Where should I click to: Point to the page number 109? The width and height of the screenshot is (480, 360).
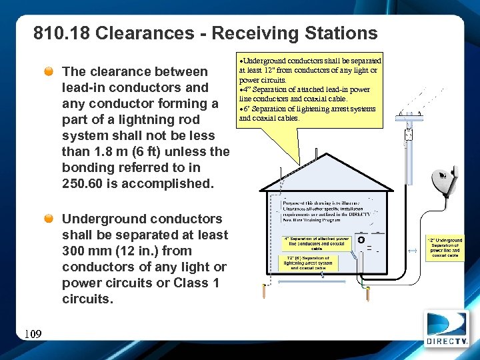[31, 333]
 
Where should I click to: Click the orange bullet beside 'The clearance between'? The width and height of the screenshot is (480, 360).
[50, 71]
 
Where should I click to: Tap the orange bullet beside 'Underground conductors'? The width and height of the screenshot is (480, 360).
[50, 219]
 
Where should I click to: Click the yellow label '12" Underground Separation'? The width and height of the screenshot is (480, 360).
[445, 247]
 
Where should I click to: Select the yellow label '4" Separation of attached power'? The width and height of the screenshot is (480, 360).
[317, 243]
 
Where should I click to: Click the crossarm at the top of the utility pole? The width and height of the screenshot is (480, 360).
[409, 117]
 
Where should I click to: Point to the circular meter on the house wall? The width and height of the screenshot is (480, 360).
[361, 239]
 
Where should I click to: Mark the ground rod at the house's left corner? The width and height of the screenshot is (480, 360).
[265, 291]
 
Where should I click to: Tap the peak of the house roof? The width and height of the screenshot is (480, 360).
[325, 155]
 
